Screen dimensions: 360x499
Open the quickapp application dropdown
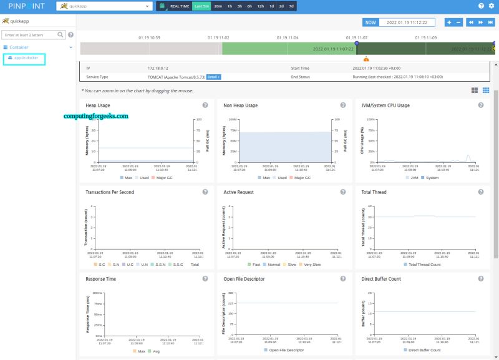[x=104, y=6]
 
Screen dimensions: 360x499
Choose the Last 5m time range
[x=201, y=6]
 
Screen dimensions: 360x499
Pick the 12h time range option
[x=260, y=6]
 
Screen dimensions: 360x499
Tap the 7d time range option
[x=291, y=6]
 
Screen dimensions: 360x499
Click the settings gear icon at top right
[x=491, y=6]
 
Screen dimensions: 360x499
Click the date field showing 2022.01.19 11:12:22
[x=407, y=22]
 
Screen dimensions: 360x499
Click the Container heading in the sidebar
[x=19, y=47]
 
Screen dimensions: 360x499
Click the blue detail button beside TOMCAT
[x=214, y=77]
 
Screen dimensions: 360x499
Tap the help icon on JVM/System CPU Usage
[x=481, y=105]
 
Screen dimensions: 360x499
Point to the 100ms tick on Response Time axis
[x=97, y=293]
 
